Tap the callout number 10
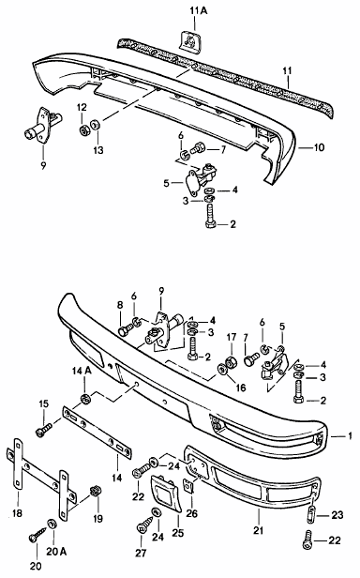pos(320,147)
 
